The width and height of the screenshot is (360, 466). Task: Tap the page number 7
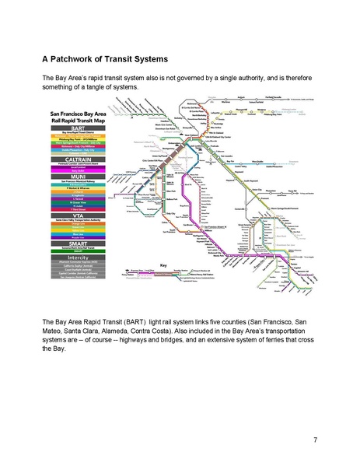click(x=315, y=440)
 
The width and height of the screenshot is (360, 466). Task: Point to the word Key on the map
click(x=164, y=265)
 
